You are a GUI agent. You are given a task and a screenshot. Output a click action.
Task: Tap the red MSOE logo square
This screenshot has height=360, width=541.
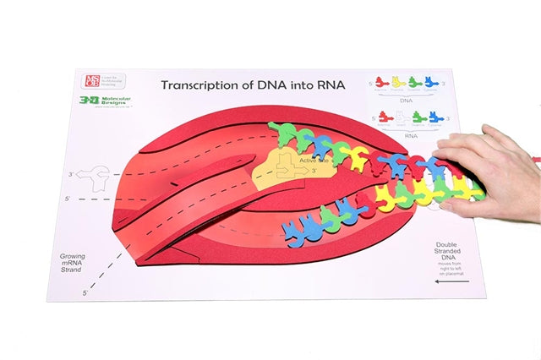[92, 81]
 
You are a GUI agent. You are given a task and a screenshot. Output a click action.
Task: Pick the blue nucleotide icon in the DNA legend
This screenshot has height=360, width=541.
[430, 82]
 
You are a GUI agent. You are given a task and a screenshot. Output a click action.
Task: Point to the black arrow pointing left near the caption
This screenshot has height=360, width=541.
[445, 281]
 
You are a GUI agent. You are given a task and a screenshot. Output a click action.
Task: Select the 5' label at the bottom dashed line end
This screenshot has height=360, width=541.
[85, 292]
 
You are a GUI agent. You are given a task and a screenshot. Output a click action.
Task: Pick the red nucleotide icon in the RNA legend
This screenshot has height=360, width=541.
[384, 117]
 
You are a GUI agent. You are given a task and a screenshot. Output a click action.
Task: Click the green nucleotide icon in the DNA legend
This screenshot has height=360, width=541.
[415, 82]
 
